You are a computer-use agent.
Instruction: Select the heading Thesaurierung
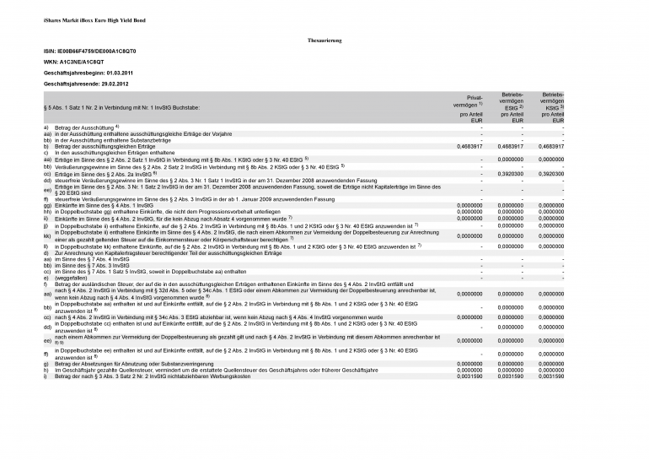324,41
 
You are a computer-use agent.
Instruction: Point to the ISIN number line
89,51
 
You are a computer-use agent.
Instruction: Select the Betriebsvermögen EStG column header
512,107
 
